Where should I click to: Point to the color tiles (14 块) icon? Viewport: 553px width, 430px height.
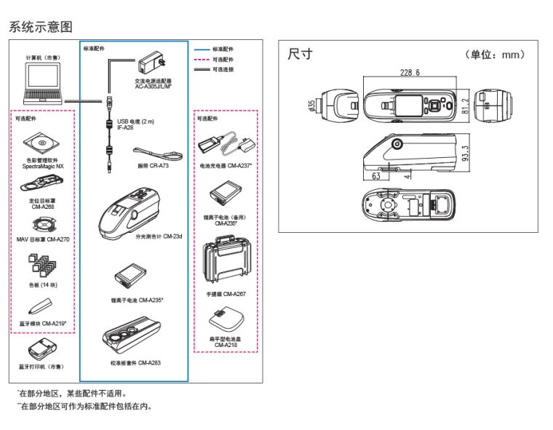coord(40,267)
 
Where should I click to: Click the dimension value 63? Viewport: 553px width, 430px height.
coord(377,176)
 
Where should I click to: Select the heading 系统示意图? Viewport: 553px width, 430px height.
coord(41,27)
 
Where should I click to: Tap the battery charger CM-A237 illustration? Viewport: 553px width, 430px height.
coord(226,145)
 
